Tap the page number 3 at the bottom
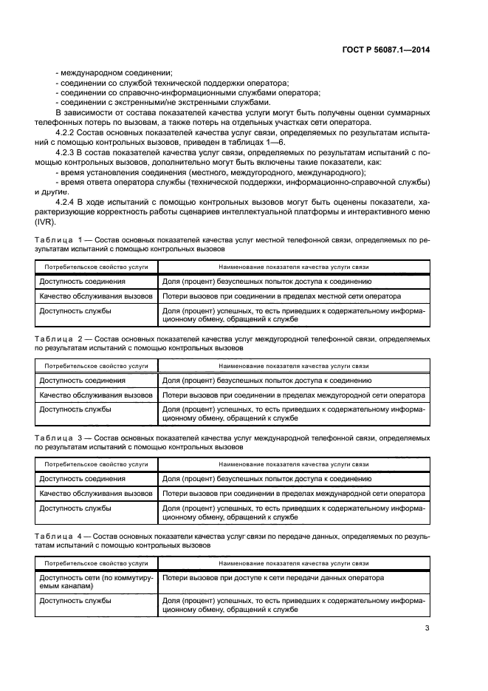(x=427, y=629)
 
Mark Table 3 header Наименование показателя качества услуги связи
(x=293, y=464)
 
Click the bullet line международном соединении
(x=114, y=72)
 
